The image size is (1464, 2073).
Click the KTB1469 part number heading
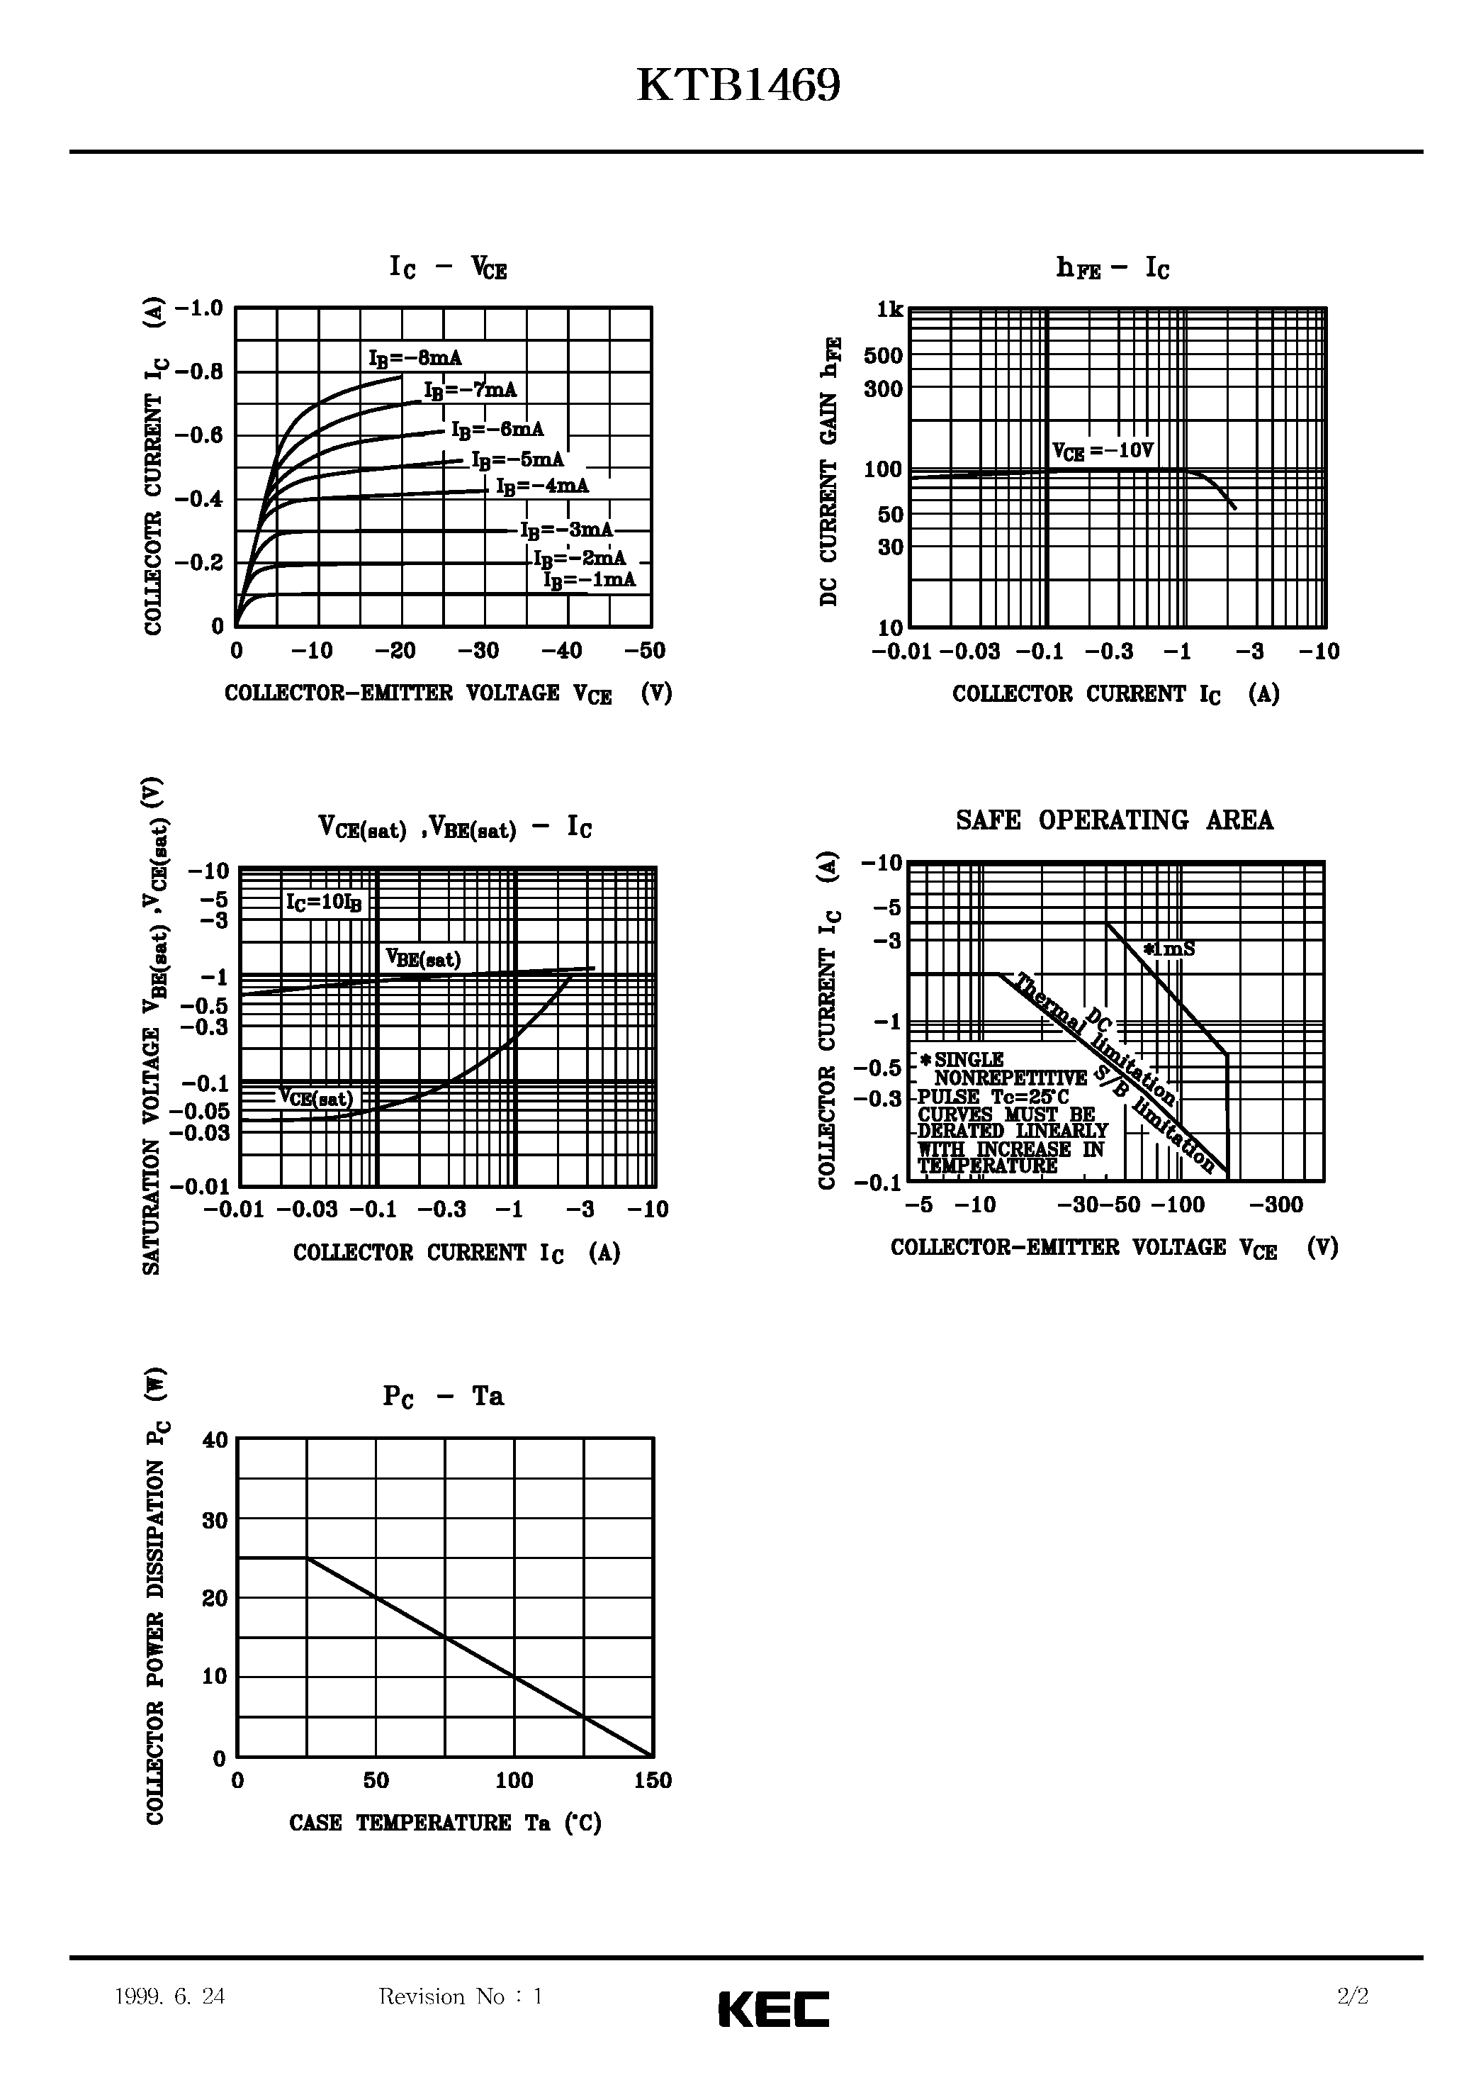738,86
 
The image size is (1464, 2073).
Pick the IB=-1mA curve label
590,580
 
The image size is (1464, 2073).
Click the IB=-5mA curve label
518,459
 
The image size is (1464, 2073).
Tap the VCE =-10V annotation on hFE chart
1103,450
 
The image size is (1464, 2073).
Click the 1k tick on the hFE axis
890,310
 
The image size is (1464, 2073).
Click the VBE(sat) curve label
422,958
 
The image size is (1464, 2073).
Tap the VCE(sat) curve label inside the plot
315,1098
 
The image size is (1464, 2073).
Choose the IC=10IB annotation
323,902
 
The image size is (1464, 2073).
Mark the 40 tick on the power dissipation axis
215,1440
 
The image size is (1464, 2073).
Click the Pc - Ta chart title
442,1397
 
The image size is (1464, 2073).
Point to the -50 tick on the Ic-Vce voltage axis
644,651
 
